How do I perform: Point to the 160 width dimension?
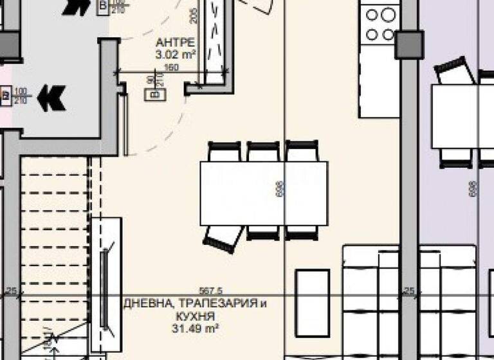171,67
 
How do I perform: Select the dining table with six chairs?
264,193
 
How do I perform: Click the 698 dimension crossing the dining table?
280,192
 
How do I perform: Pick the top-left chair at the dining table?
224,152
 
